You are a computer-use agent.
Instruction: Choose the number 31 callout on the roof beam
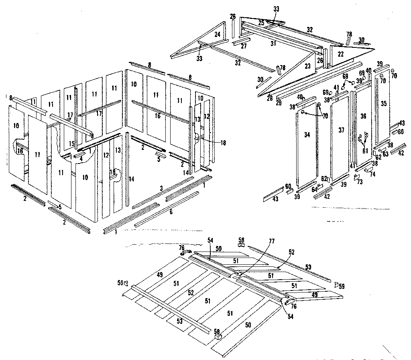click(x=273, y=43)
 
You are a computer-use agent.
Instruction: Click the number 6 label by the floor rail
click(x=171, y=212)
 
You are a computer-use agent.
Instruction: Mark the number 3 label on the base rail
click(x=161, y=188)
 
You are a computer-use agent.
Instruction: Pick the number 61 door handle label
click(x=364, y=151)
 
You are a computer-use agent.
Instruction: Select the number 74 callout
click(x=372, y=175)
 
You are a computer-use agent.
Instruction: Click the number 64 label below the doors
click(x=315, y=189)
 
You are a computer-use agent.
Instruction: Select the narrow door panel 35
click(x=384, y=104)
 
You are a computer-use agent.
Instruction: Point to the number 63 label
click(x=385, y=154)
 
